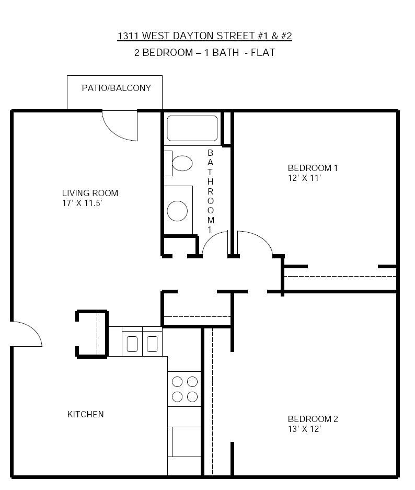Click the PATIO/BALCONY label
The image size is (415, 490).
(116, 88)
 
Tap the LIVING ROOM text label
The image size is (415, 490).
(90, 193)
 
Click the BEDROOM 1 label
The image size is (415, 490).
(313, 168)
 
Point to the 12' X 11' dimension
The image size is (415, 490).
(304, 178)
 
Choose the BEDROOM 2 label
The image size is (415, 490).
(313, 419)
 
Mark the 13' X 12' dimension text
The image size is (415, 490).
(304, 429)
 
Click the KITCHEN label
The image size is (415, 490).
(85, 414)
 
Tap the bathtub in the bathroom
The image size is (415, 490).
(192, 128)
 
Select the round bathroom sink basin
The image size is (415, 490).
(177, 211)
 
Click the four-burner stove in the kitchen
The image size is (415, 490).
(185, 389)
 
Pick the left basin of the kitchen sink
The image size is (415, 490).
(132, 344)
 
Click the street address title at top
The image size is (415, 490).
(204, 36)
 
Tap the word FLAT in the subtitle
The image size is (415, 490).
(263, 52)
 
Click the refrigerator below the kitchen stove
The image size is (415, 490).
(185, 442)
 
